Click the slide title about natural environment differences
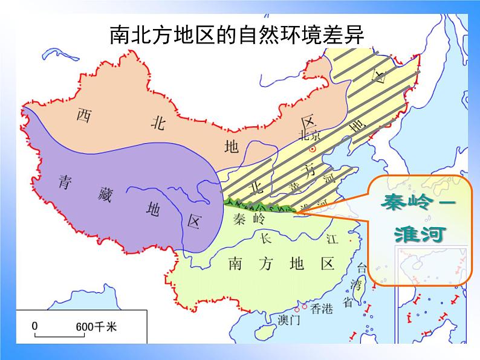(x=237, y=34)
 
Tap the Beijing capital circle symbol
(x=312, y=149)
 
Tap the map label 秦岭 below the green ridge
(x=248, y=219)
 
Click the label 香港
(x=321, y=309)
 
